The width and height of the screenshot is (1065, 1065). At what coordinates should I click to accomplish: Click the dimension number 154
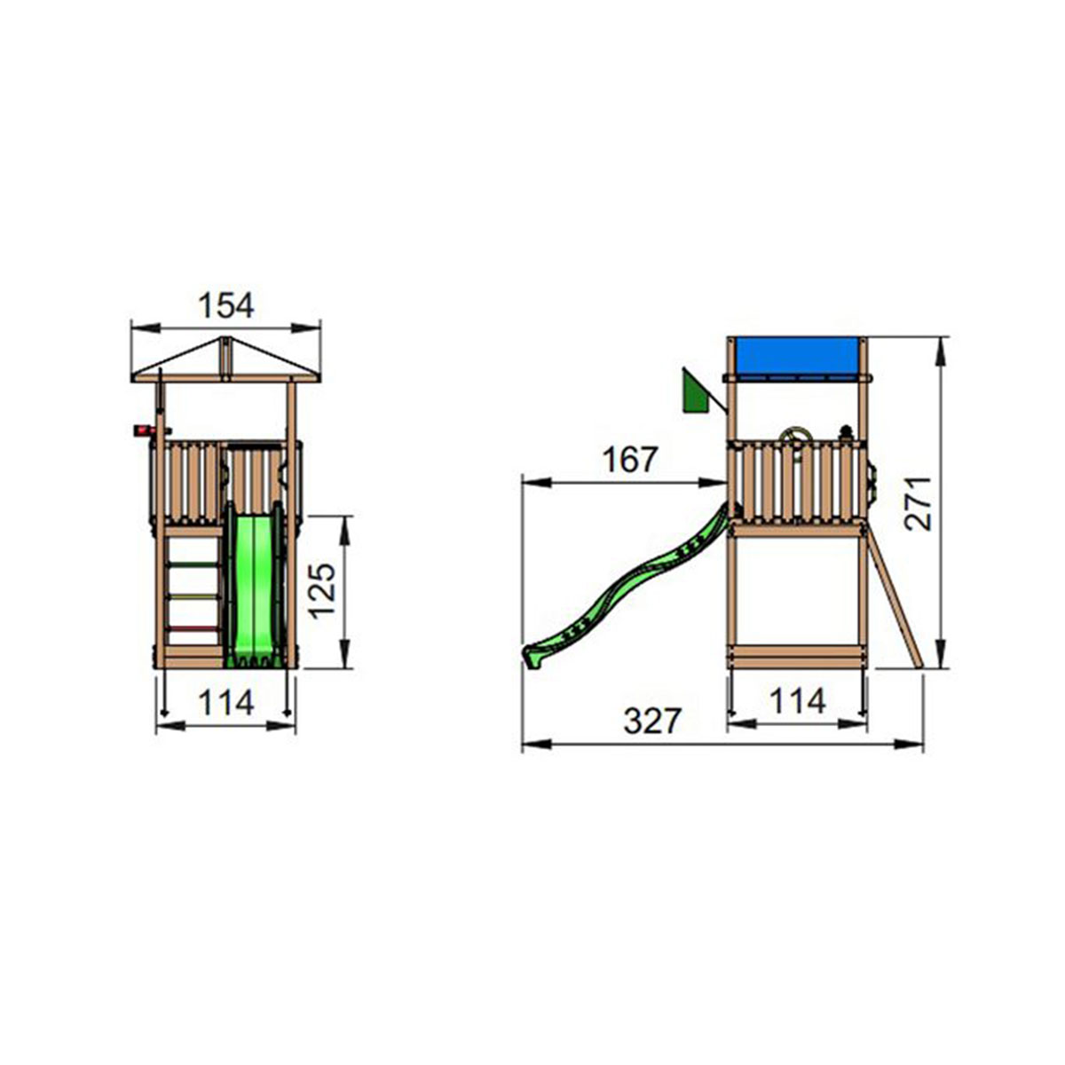point(225,305)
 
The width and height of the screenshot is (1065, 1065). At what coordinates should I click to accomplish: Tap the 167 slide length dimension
point(631,460)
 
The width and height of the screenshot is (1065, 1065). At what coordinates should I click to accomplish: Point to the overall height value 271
point(918,503)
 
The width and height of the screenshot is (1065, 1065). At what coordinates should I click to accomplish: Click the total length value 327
point(652,722)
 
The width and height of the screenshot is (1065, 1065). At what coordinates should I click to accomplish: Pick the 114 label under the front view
point(226,702)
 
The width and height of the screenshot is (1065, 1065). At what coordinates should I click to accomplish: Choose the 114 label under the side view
point(798,701)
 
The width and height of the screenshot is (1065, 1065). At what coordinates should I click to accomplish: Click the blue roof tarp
point(796,359)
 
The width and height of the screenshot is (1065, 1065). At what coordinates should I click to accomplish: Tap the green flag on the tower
point(696,390)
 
